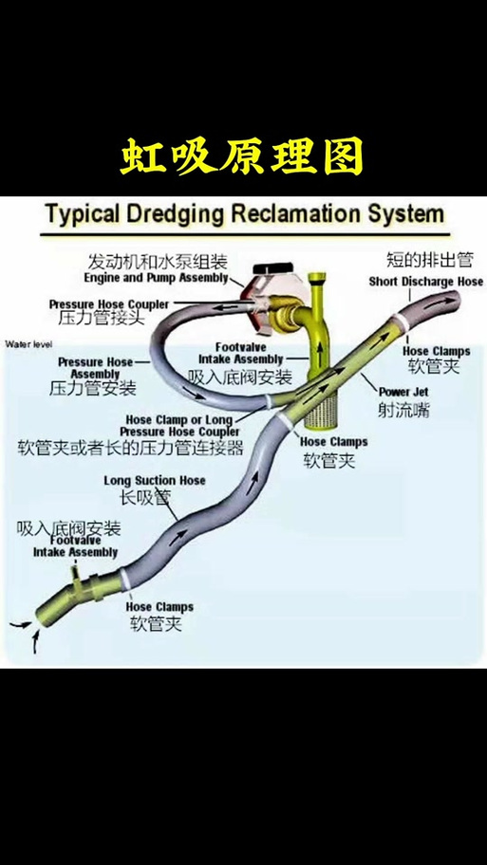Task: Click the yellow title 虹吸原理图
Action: (x=242, y=156)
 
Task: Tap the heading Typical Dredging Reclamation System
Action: (x=245, y=213)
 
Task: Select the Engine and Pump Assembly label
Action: (x=157, y=278)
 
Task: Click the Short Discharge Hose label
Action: (x=425, y=282)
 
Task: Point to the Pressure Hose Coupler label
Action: (x=109, y=304)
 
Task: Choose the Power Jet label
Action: (x=403, y=392)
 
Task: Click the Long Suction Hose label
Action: (x=155, y=481)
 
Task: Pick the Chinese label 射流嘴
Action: (x=403, y=410)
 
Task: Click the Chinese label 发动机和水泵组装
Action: (x=158, y=261)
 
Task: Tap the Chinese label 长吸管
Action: (x=145, y=498)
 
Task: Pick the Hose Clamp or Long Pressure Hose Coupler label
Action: (x=180, y=426)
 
